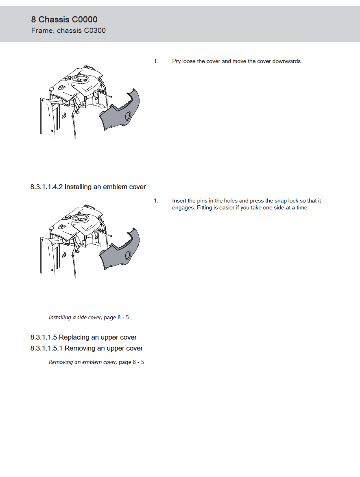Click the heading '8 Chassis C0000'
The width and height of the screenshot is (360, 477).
tap(64, 20)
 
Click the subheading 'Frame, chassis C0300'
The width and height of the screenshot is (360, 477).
tap(68, 30)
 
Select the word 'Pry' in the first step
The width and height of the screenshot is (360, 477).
tap(176, 61)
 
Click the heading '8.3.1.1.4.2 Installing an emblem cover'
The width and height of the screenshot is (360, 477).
tap(88, 187)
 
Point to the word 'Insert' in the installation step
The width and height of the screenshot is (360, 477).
tap(179, 201)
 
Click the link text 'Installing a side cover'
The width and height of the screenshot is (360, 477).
tap(75, 318)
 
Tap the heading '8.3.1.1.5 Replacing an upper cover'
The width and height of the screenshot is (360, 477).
tap(83, 338)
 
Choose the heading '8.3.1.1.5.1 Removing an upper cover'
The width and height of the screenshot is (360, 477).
tap(86, 348)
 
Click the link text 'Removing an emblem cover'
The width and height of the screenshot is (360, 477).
tap(83, 362)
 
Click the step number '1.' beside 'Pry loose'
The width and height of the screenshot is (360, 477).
tap(156, 61)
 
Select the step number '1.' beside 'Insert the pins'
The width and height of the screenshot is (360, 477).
tap(156, 201)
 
